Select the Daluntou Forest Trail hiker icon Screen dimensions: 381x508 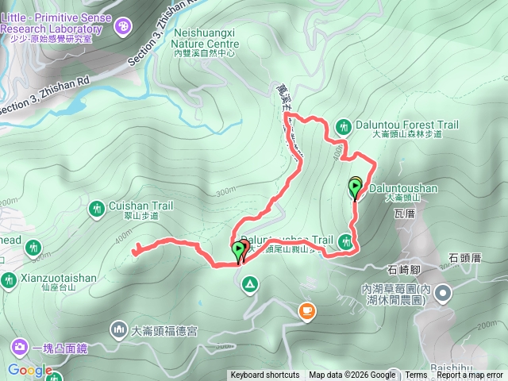343,125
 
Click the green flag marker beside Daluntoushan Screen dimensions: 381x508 355,187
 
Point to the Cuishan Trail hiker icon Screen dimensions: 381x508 96,208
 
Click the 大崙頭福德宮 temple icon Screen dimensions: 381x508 119,328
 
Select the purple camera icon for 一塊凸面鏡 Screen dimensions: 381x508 18,347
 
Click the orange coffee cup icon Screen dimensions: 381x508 306,310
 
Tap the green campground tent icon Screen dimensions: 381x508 249,283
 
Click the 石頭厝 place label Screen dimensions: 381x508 465,258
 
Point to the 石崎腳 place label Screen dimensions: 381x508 404,268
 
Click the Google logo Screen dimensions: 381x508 29,370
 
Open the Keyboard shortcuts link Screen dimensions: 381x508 264,375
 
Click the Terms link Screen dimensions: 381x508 416,375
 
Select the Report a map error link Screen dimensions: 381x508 470,375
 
